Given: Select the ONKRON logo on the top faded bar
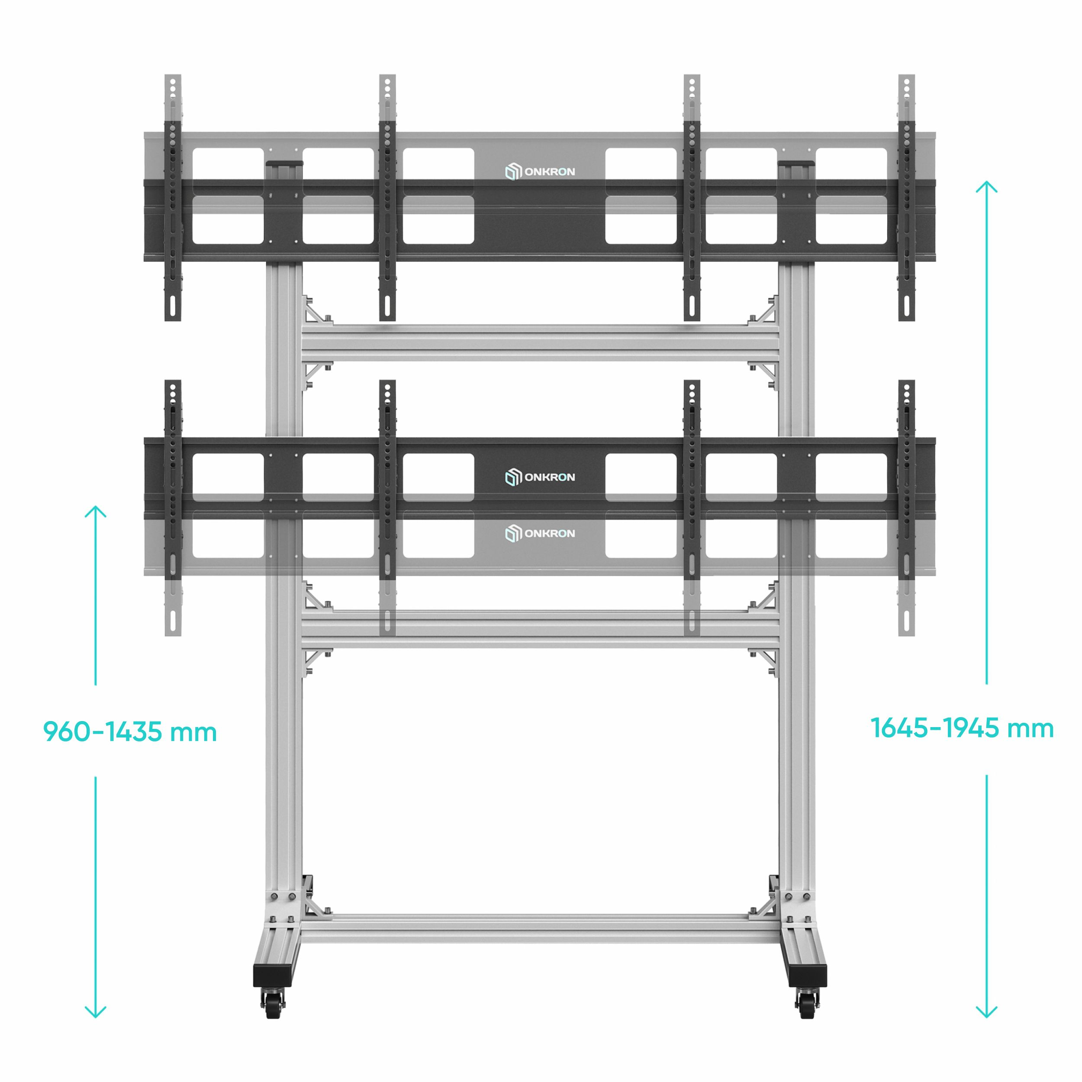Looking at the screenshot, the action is (540, 171).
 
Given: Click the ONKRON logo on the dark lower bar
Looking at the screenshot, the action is (540, 477).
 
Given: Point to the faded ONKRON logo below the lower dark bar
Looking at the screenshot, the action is (540, 533).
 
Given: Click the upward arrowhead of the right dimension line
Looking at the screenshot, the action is (987, 187).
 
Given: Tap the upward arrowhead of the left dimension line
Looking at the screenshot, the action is (96, 511).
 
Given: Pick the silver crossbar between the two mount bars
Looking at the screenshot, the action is (540, 343).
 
